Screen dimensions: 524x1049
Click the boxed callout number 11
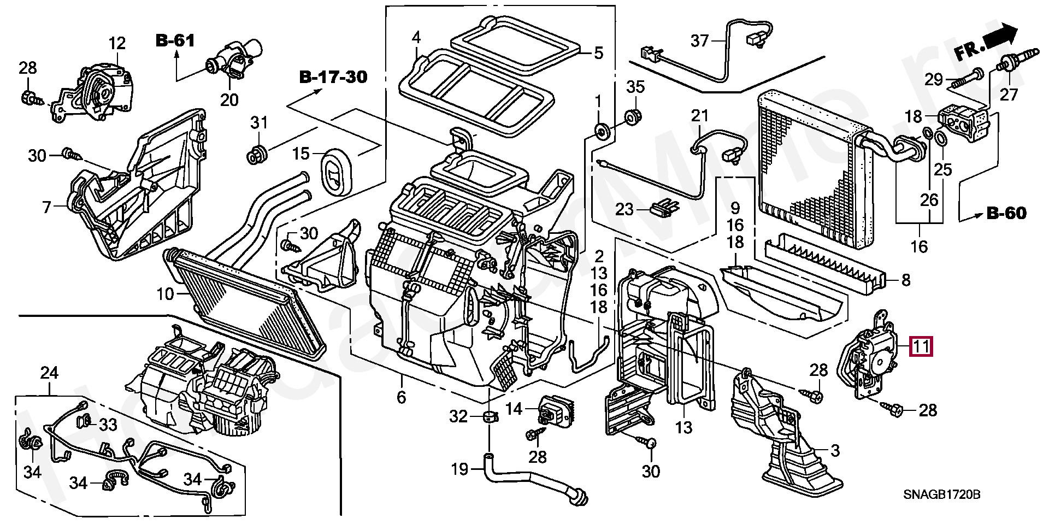click(x=921, y=346)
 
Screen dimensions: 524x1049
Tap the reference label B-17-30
click(x=333, y=77)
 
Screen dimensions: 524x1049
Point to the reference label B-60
click(x=1006, y=213)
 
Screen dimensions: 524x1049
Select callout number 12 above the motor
click(x=117, y=43)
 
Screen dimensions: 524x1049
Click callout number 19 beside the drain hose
click(x=460, y=469)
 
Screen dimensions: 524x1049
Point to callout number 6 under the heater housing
click(x=401, y=397)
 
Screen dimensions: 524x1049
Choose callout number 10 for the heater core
click(x=165, y=295)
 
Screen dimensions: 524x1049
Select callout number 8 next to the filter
click(x=905, y=280)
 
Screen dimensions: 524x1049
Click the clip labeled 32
click(x=488, y=417)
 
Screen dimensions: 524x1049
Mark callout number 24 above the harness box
click(x=49, y=373)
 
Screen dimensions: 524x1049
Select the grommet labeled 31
click(x=257, y=155)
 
